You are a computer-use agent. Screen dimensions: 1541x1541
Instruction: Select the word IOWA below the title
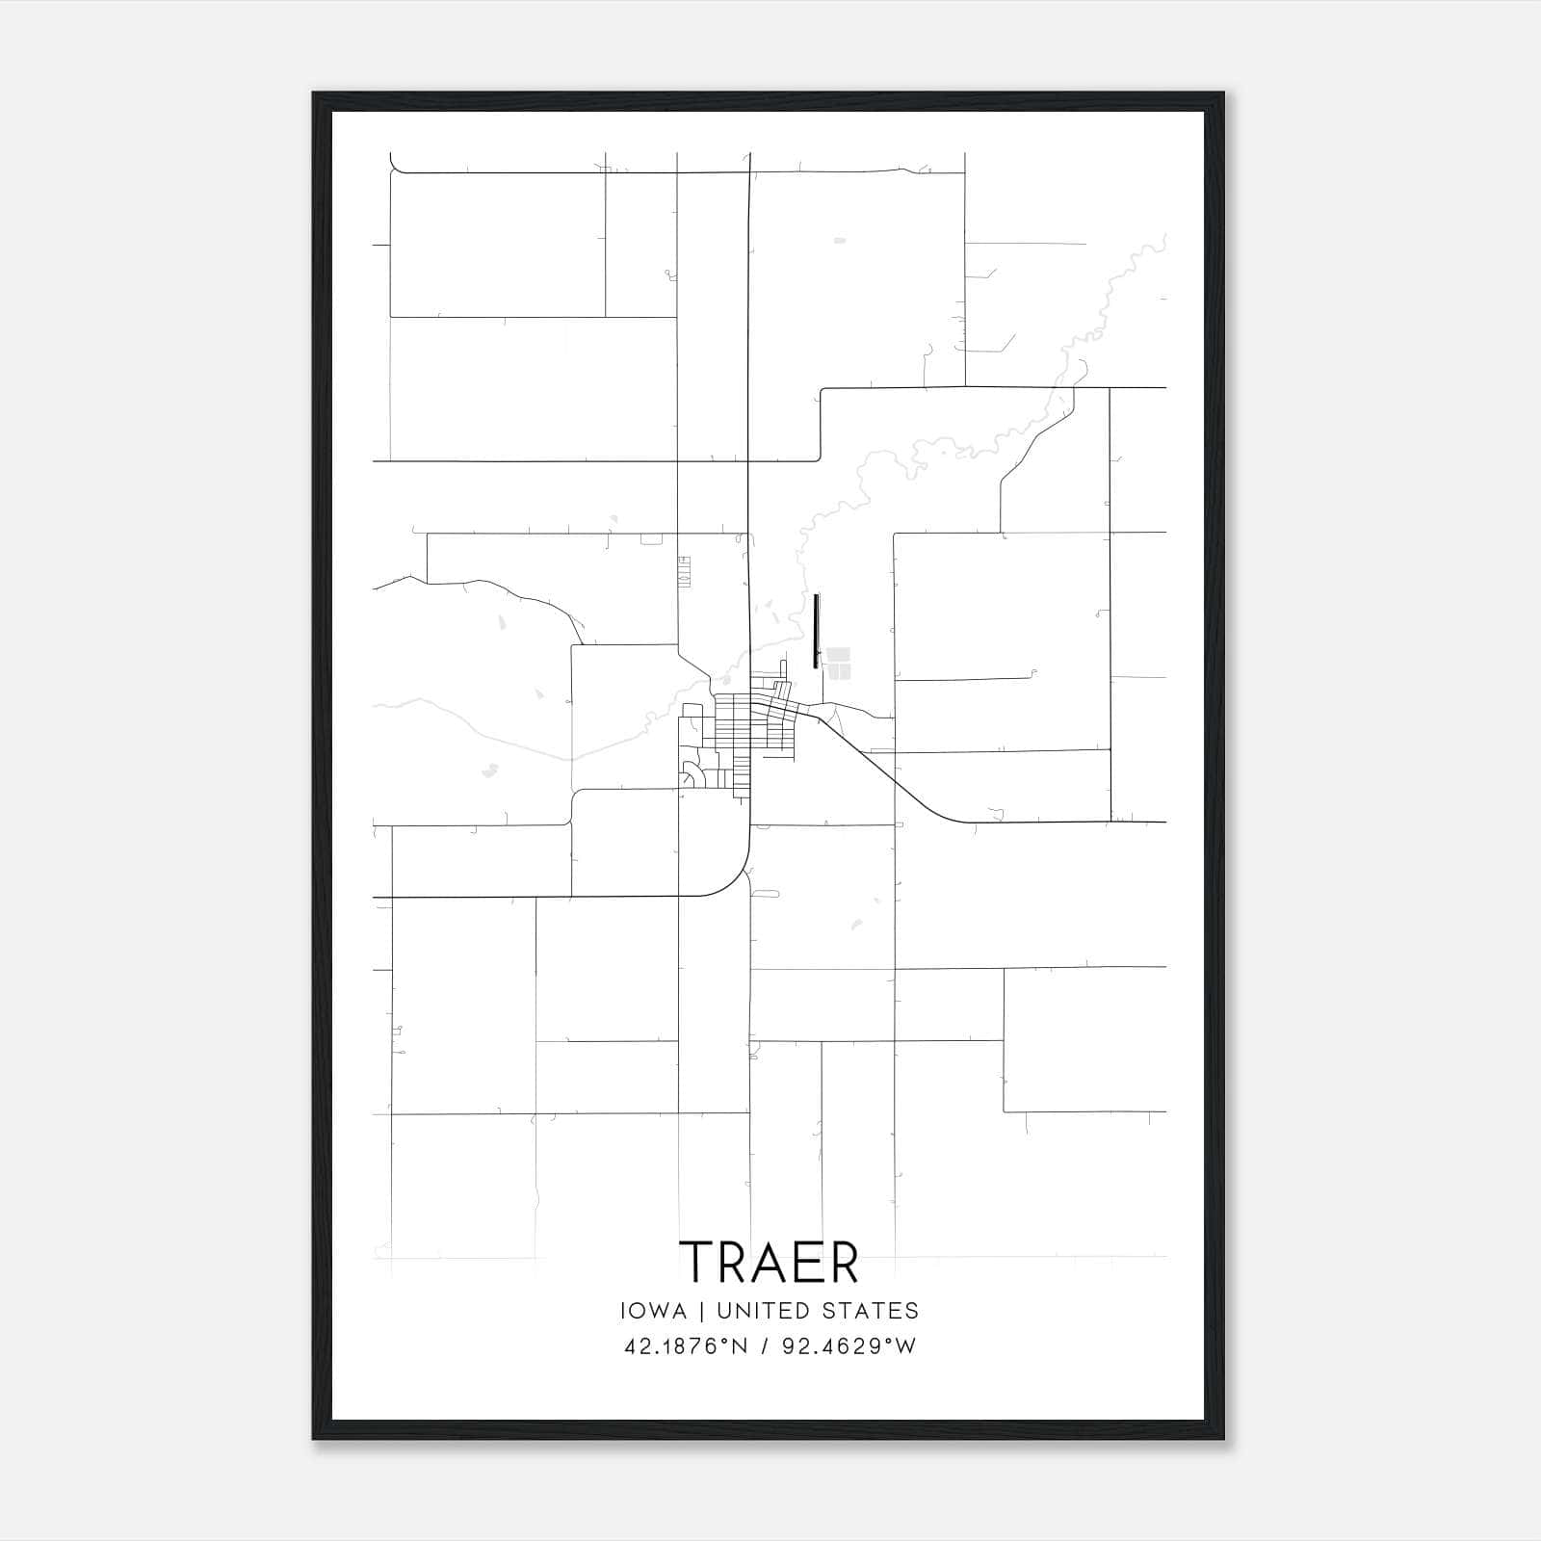[654, 1311]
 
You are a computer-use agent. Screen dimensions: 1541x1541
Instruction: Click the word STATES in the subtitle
[870, 1311]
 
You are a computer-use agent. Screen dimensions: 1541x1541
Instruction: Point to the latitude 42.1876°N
[686, 1346]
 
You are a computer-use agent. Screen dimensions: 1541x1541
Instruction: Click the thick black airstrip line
[816, 631]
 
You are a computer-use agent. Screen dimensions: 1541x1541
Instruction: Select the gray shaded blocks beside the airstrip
[838, 662]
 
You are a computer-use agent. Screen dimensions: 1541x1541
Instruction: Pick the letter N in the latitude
[739, 1346]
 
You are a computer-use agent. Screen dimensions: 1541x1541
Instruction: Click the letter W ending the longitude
[905, 1346]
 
